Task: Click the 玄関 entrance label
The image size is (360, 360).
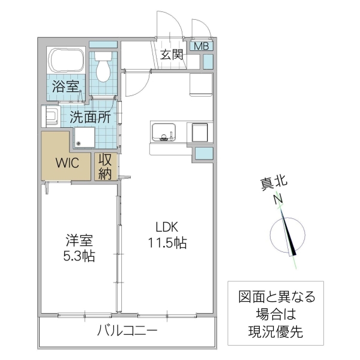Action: (172, 55)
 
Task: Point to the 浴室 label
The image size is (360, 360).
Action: (65, 86)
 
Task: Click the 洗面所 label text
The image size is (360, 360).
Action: (90, 117)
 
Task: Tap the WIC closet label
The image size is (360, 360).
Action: (66, 163)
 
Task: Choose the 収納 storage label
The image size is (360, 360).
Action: (106, 167)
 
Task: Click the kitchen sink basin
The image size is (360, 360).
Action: (163, 131)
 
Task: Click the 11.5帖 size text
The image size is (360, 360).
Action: (167, 243)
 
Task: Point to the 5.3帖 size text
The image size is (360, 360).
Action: (79, 256)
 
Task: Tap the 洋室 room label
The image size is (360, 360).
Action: (79, 241)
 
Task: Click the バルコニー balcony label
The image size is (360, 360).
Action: (127, 331)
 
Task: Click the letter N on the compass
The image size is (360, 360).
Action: (278, 200)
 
